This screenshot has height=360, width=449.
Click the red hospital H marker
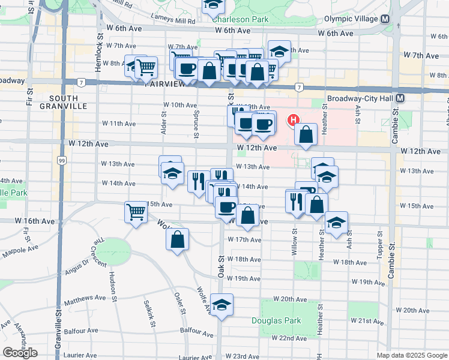pyautogui.click(x=293, y=120)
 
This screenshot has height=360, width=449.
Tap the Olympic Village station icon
pyautogui.click(x=385, y=19)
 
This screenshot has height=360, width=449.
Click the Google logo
pyautogui.click(x=20, y=353)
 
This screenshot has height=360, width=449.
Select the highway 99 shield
pyautogui.click(x=61, y=160)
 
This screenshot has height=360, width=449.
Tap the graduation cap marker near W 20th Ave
pyautogui.click(x=221, y=305)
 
